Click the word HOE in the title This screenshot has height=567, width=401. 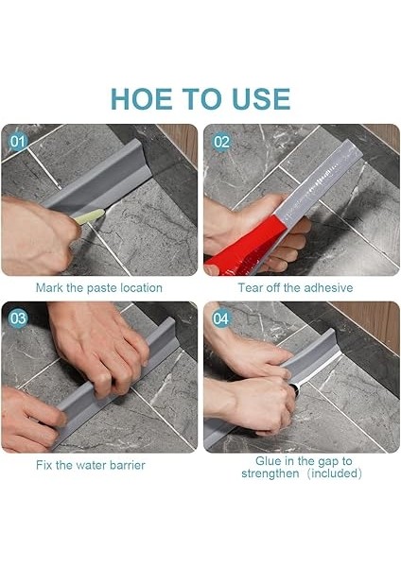tap(142, 98)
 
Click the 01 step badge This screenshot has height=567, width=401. tap(18, 142)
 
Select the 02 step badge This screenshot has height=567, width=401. tap(221, 142)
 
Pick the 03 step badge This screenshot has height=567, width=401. tap(18, 318)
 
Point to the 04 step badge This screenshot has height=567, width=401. tap(220, 318)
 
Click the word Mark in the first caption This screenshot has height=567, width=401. tap(49, 288)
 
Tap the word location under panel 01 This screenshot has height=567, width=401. tap(141, 288)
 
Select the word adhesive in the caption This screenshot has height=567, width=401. tap(328, 288)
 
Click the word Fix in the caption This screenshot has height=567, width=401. tap(44, 465)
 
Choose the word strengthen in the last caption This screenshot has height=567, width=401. tap(270, 473)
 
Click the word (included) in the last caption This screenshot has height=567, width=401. tap(335, 473)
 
